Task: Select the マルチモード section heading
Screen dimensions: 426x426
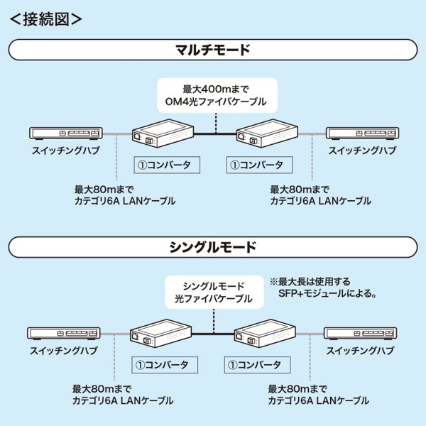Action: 212,50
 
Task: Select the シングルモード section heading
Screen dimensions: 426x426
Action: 212,248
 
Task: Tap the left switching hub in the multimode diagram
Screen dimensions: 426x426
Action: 65,133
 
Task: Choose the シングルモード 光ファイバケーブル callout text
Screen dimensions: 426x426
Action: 213,293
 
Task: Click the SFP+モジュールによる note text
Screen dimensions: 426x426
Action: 327,293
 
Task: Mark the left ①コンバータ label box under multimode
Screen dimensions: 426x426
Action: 166,165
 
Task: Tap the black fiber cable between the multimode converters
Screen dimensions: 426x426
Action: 214,133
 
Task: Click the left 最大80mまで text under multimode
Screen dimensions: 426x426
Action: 103,189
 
